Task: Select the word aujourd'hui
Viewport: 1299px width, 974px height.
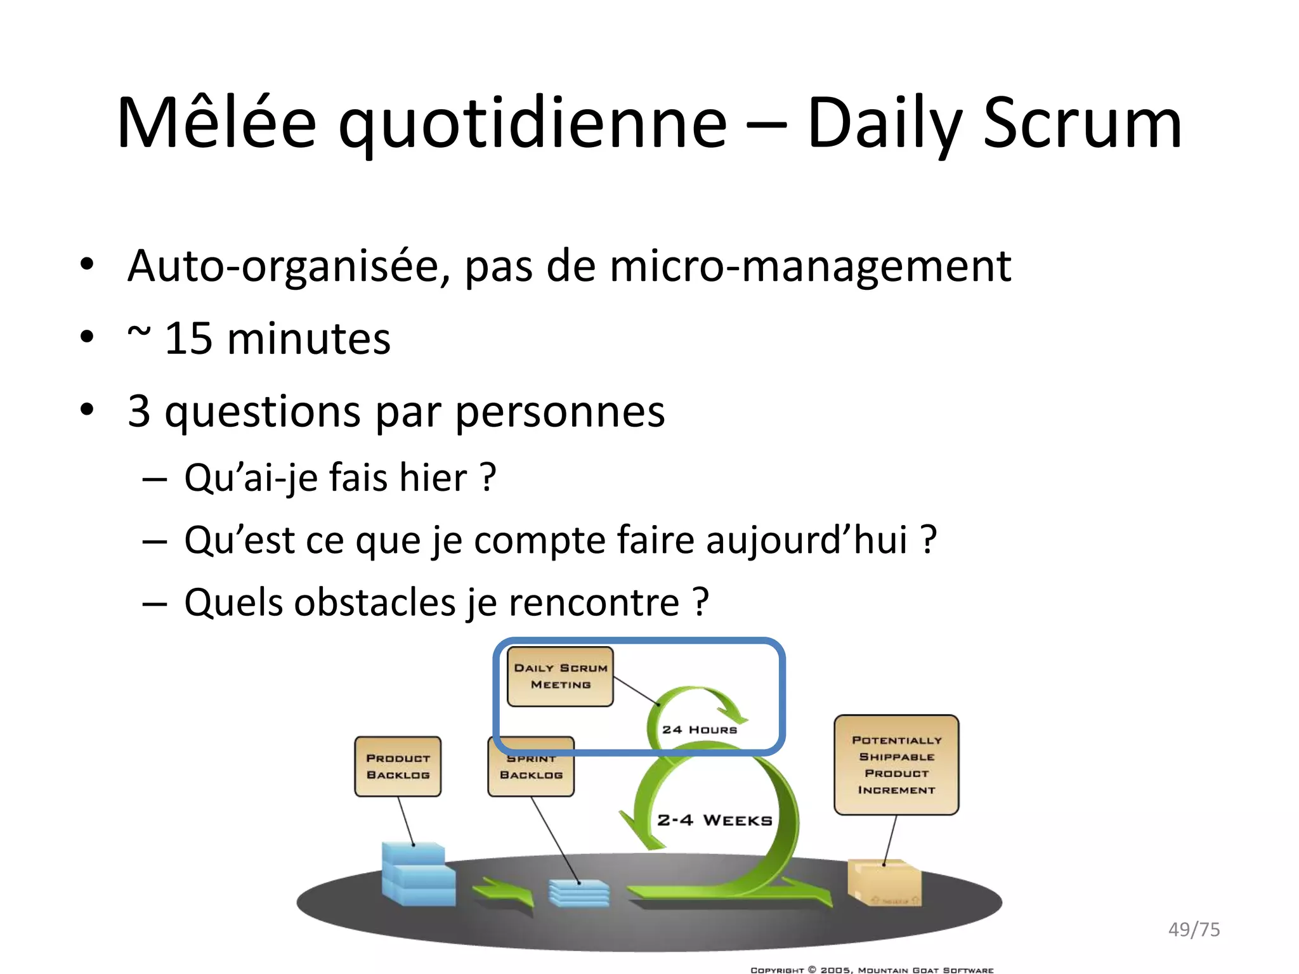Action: (x=806, y=540)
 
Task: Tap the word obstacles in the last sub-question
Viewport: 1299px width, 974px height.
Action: (x=375, y=602)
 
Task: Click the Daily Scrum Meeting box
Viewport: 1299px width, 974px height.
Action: (x=560, y=677)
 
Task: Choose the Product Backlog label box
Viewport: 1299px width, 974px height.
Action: (x=398, y=767)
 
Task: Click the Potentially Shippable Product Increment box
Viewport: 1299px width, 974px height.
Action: (x=896, y=765)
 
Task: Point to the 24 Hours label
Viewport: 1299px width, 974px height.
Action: (x=700, y=730)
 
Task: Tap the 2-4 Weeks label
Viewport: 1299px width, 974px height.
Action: (x=715, y=820)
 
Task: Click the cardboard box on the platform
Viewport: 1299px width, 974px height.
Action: (x=884, y=882)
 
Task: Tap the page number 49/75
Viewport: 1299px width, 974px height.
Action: (x=1194, y=930)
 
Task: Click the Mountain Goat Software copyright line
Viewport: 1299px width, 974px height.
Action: (x=871, y=970)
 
